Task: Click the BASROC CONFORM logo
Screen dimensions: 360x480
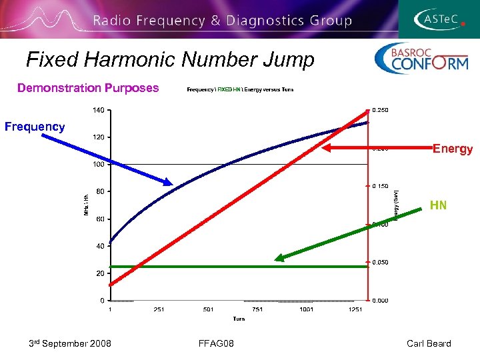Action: tap(421, 59)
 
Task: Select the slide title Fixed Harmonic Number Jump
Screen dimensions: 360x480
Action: tap(170, 60)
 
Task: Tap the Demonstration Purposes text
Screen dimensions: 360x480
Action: tap(88, 88)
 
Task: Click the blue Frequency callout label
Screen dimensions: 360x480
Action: tap(35, 127)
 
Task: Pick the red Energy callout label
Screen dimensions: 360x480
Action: tap(453, 149)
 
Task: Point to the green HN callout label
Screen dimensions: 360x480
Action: tap(438, 205)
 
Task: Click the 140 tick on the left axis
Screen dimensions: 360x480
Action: tap(97, 110)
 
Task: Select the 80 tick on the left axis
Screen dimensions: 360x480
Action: tap(99, 192)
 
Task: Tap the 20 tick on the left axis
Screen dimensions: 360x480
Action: tap(99, 273)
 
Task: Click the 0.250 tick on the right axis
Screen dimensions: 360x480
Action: tap(381, 110)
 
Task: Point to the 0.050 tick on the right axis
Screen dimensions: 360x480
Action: tap(381, 263)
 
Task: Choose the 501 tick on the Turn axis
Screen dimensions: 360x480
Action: tap(208, 309)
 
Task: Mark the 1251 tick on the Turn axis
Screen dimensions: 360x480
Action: tap(355, 309)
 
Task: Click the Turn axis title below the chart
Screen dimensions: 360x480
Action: tap(239, 319)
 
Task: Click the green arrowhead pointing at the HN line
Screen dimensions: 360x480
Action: tap(279, 258)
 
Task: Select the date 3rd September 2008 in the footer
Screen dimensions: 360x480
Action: tap(70, 343)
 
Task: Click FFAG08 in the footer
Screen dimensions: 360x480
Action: tap(216, 343)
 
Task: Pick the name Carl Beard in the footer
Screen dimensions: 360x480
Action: tap(429, 343)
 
